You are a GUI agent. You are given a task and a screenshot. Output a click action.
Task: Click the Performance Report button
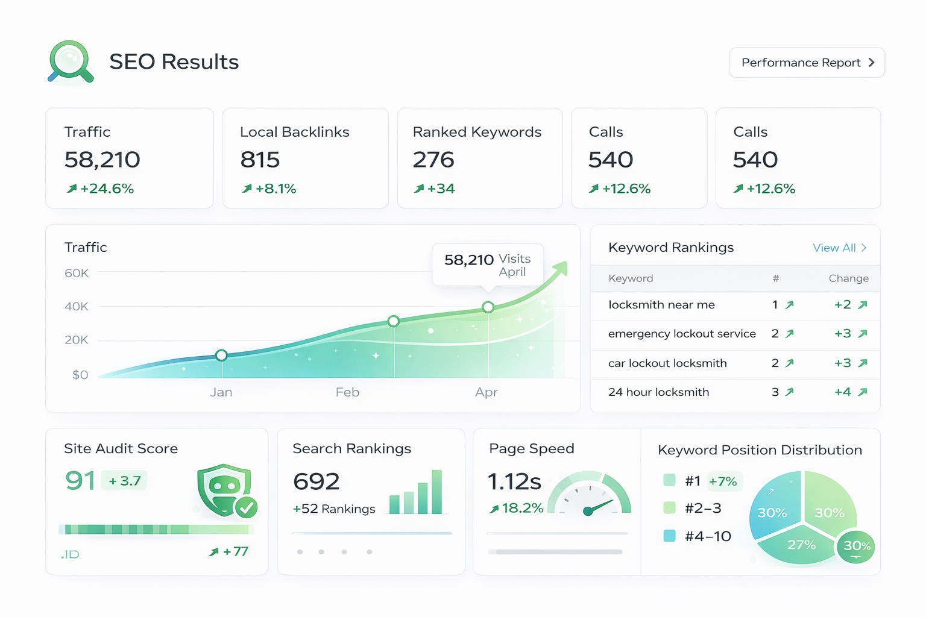(x=807, y=63)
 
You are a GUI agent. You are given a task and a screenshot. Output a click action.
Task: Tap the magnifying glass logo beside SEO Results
(x=71, y=61)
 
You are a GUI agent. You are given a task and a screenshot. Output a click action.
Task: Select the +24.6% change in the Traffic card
(x=101, y=189)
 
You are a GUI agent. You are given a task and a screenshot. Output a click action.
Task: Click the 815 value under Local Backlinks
(x=260, y=160)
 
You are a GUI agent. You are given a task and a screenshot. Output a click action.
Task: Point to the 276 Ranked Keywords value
(x=433, y=160)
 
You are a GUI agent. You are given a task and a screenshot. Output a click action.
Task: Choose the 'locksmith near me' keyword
(x=661, y=305)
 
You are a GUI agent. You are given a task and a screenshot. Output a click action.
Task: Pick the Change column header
(x=848, y=278)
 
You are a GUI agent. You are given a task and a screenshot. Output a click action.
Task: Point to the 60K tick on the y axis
(x=77, y=274)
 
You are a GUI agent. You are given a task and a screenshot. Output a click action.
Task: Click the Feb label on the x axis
(x=347, y=392)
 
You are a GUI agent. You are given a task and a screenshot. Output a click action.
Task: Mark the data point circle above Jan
(x=221, y=355)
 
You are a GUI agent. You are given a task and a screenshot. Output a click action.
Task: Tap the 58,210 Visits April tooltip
(x=488, y=265)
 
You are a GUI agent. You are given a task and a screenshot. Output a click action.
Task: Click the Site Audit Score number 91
(x=80, y=481)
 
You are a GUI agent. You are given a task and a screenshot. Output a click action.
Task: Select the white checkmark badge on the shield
(x=246, y=508)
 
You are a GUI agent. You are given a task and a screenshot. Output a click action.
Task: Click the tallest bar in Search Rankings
(x=437, y=492)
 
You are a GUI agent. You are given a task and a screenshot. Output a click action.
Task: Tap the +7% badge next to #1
(x=723, y=481)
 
